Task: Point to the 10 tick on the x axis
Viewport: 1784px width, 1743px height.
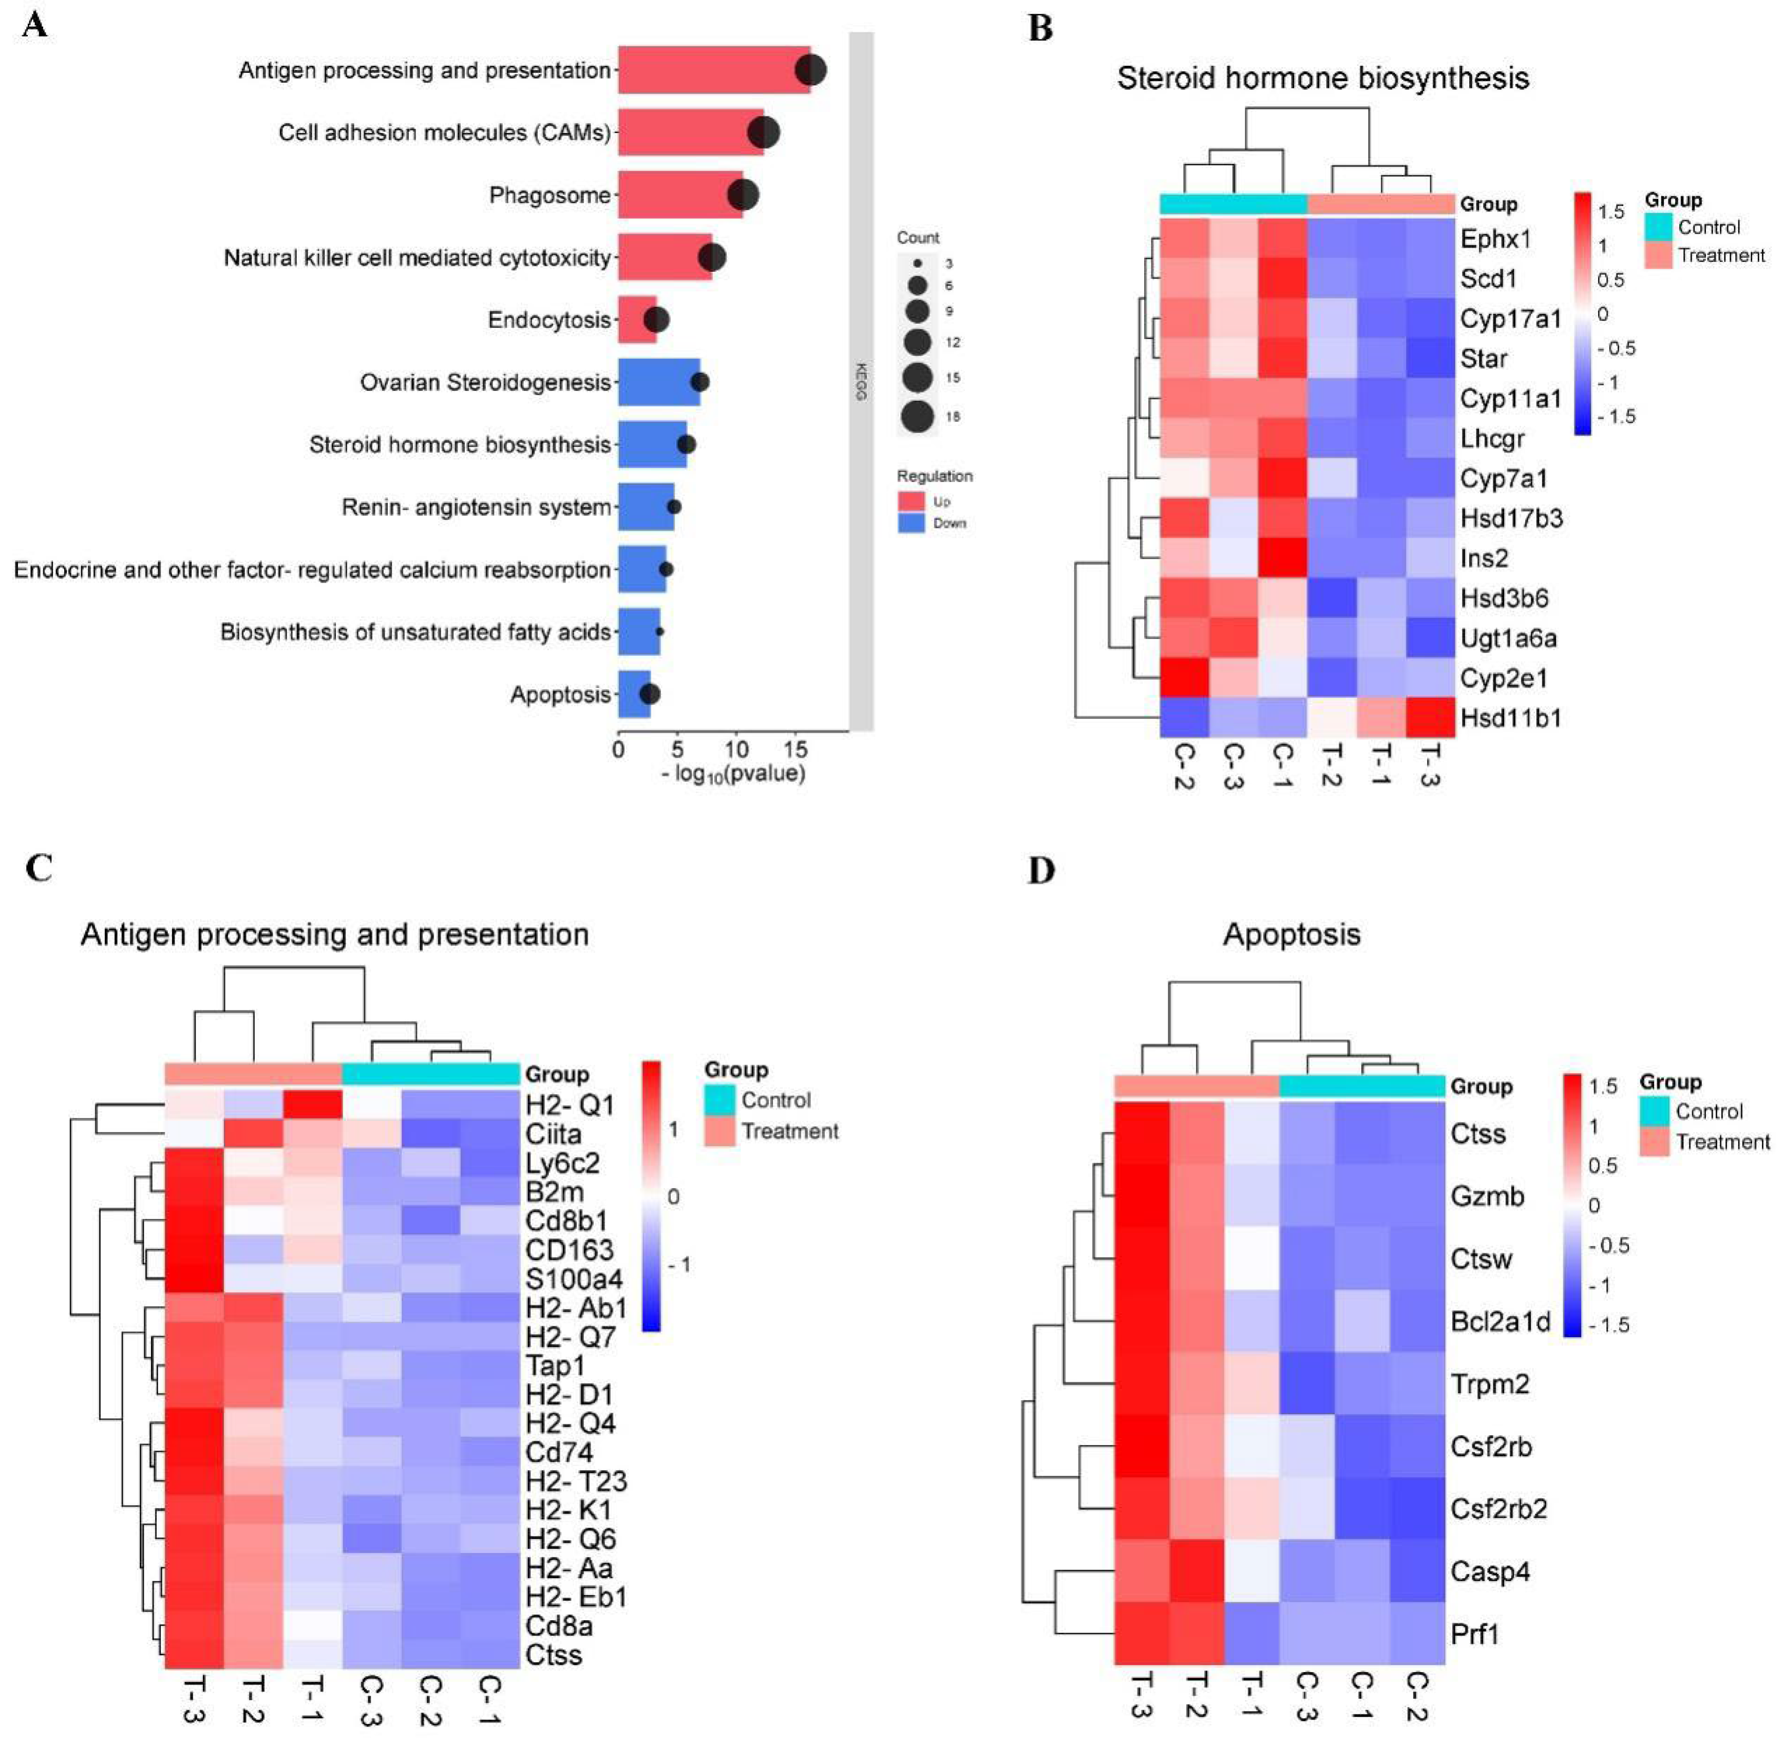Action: (737, 749)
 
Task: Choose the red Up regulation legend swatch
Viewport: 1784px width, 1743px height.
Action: (911, 501)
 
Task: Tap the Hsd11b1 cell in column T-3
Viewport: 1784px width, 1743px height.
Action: (1430, 718)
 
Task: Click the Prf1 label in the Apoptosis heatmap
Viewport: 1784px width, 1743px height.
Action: (1475, 1634)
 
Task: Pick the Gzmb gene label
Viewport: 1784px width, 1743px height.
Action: (1487, 1196)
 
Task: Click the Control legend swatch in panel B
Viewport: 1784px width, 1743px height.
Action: (1659, 227)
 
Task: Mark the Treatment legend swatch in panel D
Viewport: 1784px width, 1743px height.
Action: (1654, 1141)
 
